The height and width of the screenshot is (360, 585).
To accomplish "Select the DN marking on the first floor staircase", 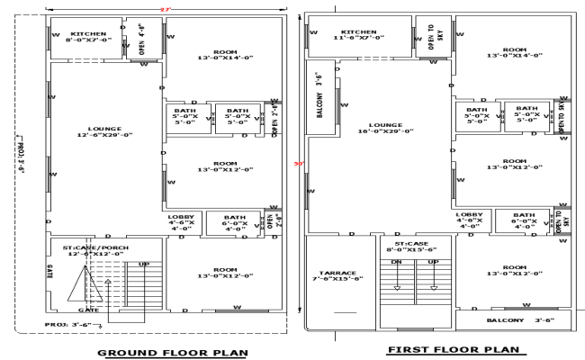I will [396, 263].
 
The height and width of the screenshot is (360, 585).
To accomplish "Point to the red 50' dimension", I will [299, 164].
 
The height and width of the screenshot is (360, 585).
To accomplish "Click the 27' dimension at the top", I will [164, 9].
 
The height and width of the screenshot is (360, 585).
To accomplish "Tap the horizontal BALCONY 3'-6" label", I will [513, 319].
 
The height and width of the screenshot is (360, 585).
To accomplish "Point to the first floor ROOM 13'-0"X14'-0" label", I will [514, 52].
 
